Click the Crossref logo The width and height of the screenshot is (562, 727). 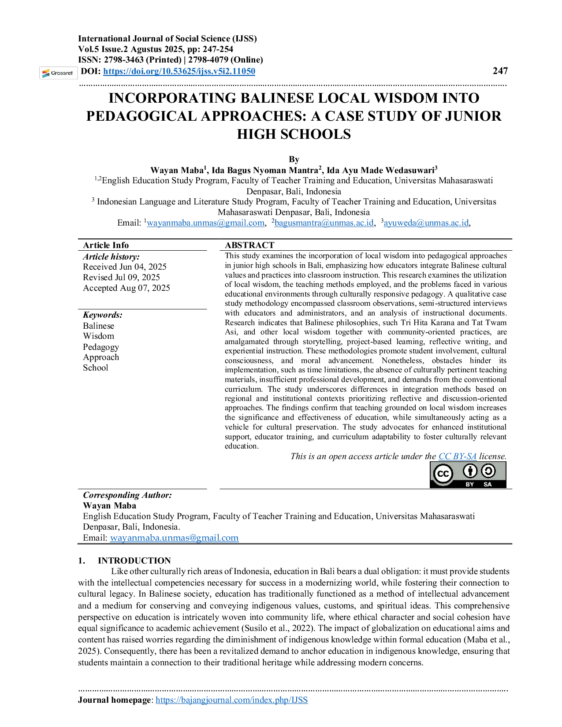tap(58, 73)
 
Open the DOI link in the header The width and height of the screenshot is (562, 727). tap(179, 71)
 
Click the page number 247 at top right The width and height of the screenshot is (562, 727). tap(500, 71)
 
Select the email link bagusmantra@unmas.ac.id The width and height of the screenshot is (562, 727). tap(324, 223)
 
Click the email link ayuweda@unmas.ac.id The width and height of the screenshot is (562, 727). tap(426, 223)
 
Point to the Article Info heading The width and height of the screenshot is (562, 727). tap(106, 245)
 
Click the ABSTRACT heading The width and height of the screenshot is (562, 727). tap(249, 245)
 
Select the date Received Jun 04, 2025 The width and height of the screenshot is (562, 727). tap(124, 267)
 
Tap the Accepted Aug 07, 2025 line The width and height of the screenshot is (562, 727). tap(127, 288)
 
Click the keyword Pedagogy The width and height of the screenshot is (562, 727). tap(101, 347)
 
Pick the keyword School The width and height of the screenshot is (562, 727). tap(95, 367)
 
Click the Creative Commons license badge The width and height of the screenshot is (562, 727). tap(468, 475)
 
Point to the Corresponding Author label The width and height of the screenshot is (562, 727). tap(127, 495)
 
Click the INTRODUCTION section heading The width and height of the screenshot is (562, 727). tap(134, 560)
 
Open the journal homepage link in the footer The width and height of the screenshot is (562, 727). tap(231, 700)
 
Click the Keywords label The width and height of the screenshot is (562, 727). tap(103, 315)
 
